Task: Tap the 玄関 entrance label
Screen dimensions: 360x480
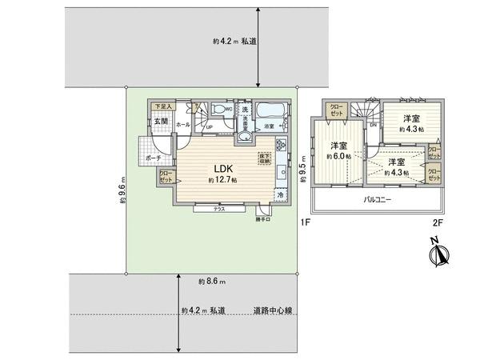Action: (x=161, y=121)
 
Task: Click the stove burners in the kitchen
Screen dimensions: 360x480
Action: (x=281, y=146)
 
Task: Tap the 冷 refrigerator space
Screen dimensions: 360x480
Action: (x=280, y=194)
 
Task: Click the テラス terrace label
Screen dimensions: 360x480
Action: (x=218, y=210)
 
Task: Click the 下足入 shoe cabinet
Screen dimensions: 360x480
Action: (x=163, y=106)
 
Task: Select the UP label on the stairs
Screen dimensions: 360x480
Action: (x=209, y=126)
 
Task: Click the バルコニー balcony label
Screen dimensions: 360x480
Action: (x=377, y=198)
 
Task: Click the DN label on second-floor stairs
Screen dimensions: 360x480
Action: (x=372, y=125)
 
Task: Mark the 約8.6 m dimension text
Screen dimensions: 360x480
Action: (x=212, y=282)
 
